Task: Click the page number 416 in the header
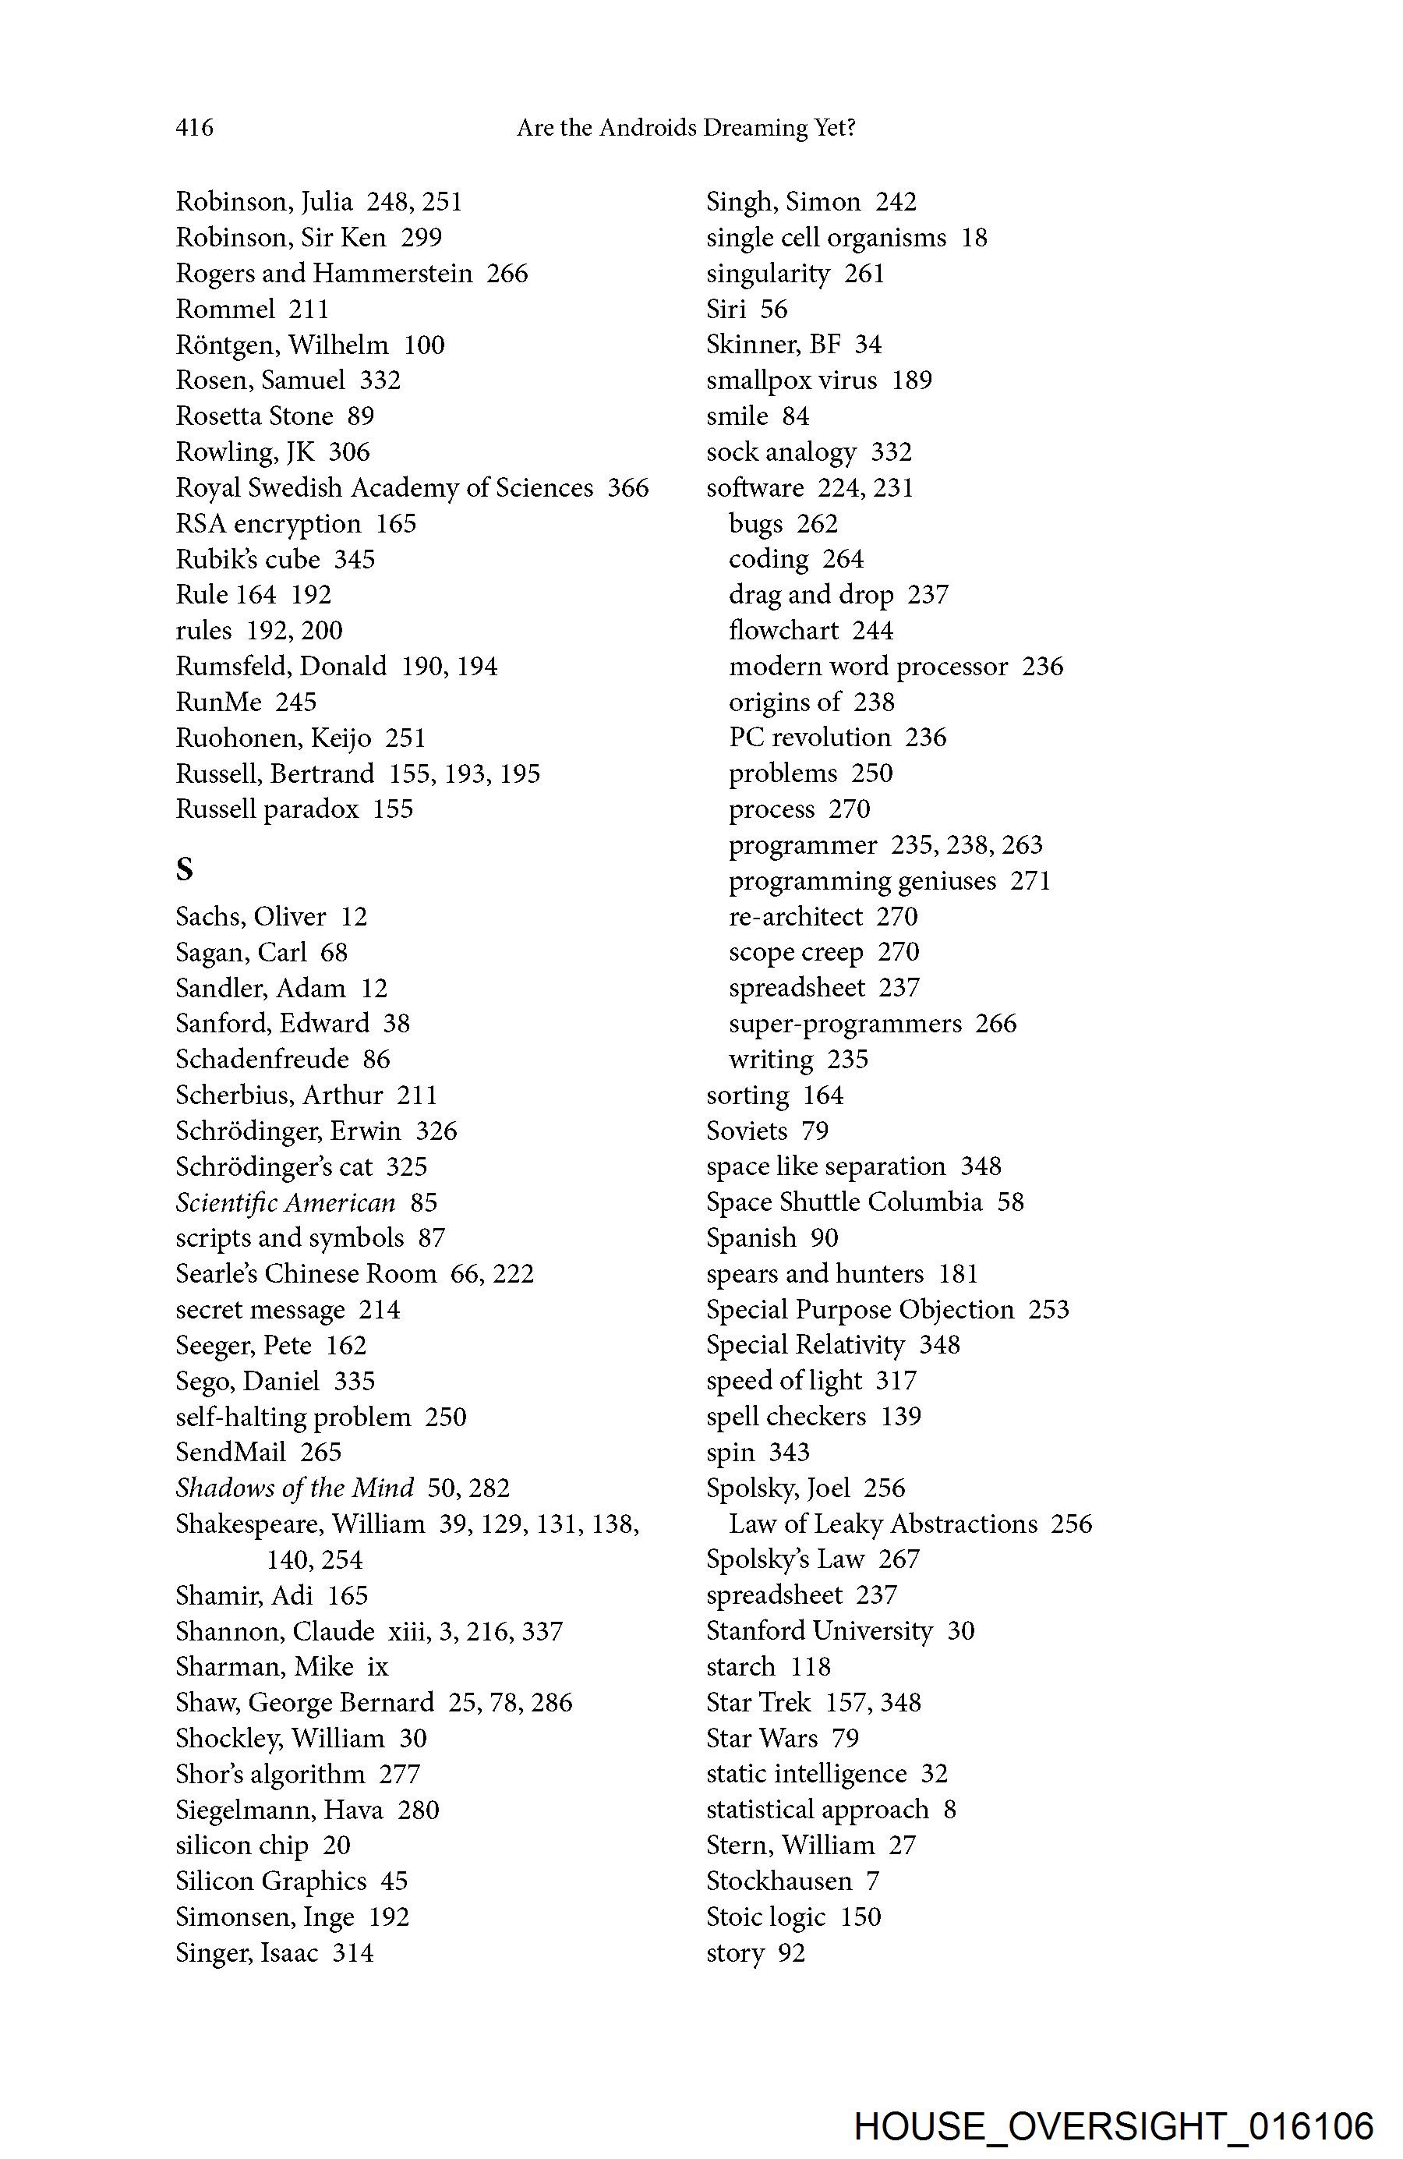point(194,128)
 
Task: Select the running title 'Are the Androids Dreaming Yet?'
point(686,128)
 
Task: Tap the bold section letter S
point(185,869)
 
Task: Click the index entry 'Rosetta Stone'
point(254,416)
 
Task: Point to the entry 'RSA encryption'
point(267,523)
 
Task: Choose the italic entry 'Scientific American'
point(286,1203)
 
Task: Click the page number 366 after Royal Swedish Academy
point(627,488)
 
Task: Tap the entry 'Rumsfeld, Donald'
point(281,667)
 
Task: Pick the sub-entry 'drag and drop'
point(811,595)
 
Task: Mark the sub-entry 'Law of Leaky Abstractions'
point(882,1524)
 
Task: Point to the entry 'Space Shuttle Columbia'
point(843,1203)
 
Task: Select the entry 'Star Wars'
point(762,1738)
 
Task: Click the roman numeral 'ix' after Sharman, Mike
point(377,1667)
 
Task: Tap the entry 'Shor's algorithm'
point(270,1775)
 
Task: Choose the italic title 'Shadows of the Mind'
point(295,1488)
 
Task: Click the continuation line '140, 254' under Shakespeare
point(314,1560)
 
